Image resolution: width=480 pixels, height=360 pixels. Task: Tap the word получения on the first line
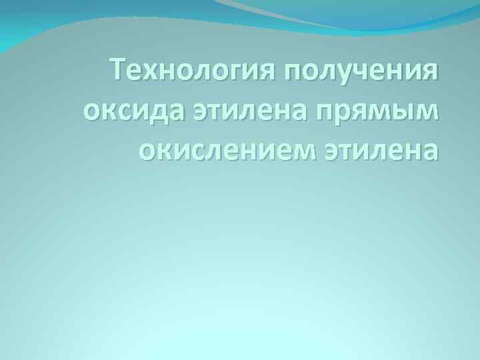coord(363,69)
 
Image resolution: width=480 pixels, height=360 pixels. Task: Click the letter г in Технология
coord(243,71)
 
